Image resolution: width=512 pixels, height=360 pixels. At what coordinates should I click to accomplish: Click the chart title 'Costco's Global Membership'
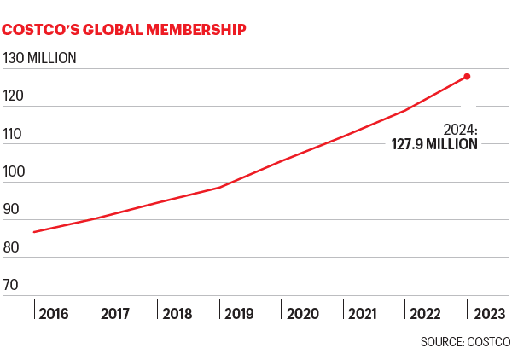click(x=125, y=30)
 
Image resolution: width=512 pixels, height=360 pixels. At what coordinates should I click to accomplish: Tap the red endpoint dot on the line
click(x=467, y=77)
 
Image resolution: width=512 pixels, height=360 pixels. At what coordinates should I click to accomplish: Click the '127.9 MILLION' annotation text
click(x=434, y=144)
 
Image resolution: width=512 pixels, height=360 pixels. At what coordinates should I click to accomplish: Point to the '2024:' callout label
click(x=460, y=130)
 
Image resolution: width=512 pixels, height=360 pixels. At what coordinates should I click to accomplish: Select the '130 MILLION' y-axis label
click(x=40, y=58)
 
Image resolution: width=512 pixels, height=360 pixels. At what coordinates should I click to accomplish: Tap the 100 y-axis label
click(x=14, y=171)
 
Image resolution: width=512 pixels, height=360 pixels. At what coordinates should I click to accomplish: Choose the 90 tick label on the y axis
click(x=12, y=209)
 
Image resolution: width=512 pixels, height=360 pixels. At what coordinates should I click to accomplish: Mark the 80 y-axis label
click(x=12, y=247)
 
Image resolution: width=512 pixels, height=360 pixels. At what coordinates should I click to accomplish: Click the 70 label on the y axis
click(x=12, y=285)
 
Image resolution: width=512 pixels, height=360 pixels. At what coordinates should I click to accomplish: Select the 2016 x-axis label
click(x=53, y=313)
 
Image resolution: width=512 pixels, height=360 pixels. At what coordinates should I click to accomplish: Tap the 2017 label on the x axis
click(x=115, y=313)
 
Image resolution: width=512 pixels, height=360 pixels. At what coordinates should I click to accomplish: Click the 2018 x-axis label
click(x=177, y=313)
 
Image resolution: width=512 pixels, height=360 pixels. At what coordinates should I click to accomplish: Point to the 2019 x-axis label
click(x=240, y=313)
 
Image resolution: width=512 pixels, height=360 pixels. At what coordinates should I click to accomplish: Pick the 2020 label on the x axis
click(x=302, y=313)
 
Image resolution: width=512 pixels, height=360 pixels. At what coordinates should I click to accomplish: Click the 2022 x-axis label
click(x=426, y=313)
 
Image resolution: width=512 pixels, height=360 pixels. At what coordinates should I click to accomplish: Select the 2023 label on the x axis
click(x=488, y=313)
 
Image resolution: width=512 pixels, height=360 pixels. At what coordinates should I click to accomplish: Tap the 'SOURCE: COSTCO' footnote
click(x=465, y=342)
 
